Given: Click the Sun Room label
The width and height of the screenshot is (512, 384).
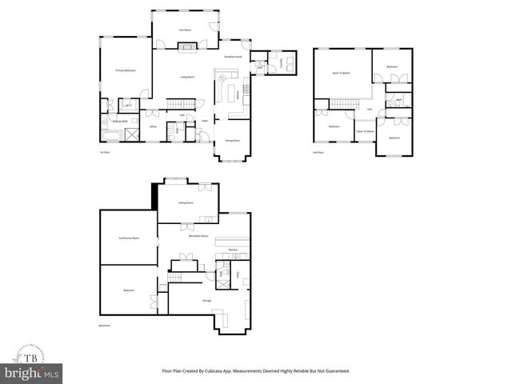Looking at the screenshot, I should pos(185,30).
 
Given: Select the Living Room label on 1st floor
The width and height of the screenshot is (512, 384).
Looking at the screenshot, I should pos(188,77).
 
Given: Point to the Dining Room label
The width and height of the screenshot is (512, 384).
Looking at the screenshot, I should pos(233,141).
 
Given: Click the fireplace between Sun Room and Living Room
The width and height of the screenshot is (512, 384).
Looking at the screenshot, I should pos(186,47).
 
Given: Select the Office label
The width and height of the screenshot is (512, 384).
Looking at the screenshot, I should pos(153,126).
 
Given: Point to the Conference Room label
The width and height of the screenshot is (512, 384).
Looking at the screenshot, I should pos(128,238).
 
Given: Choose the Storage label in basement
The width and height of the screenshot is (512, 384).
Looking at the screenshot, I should pos(206,301).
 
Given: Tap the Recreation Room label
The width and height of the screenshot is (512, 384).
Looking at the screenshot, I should pos(199,236).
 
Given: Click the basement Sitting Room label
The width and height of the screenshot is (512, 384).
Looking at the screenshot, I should pos(186,203).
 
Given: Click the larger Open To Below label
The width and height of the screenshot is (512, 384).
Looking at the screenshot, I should pos(342,73).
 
